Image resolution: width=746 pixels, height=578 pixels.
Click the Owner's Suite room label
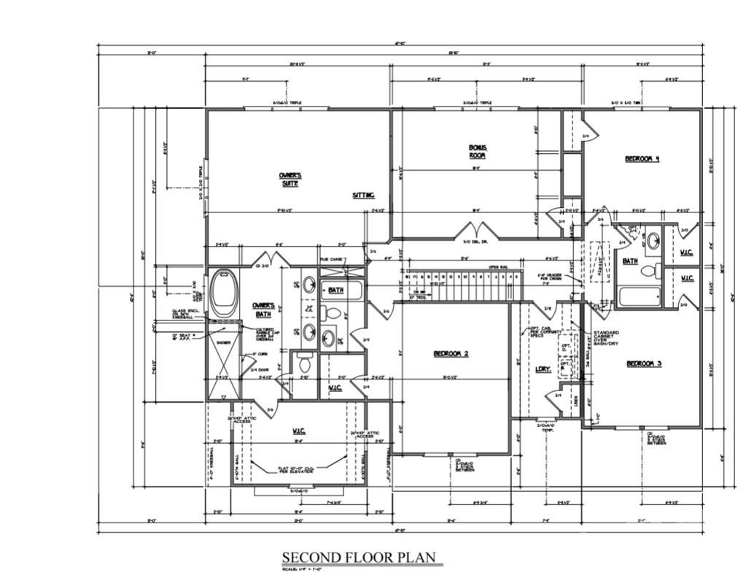click(290, 180)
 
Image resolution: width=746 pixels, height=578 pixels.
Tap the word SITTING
click(363, 196)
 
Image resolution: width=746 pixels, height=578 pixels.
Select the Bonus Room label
click(478, 152)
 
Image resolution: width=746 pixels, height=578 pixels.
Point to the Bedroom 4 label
click(642, 158)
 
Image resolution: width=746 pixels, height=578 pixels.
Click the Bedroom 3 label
click(643, 363)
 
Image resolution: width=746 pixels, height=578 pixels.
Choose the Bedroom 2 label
click(451, 354)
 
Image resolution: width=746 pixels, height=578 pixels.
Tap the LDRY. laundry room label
click(543, 369)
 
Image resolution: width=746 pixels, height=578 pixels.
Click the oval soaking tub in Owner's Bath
click(224, 293)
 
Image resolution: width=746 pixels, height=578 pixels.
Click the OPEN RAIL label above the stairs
click(498, 266)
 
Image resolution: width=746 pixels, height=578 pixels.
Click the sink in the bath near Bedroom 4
click(654, 239)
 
